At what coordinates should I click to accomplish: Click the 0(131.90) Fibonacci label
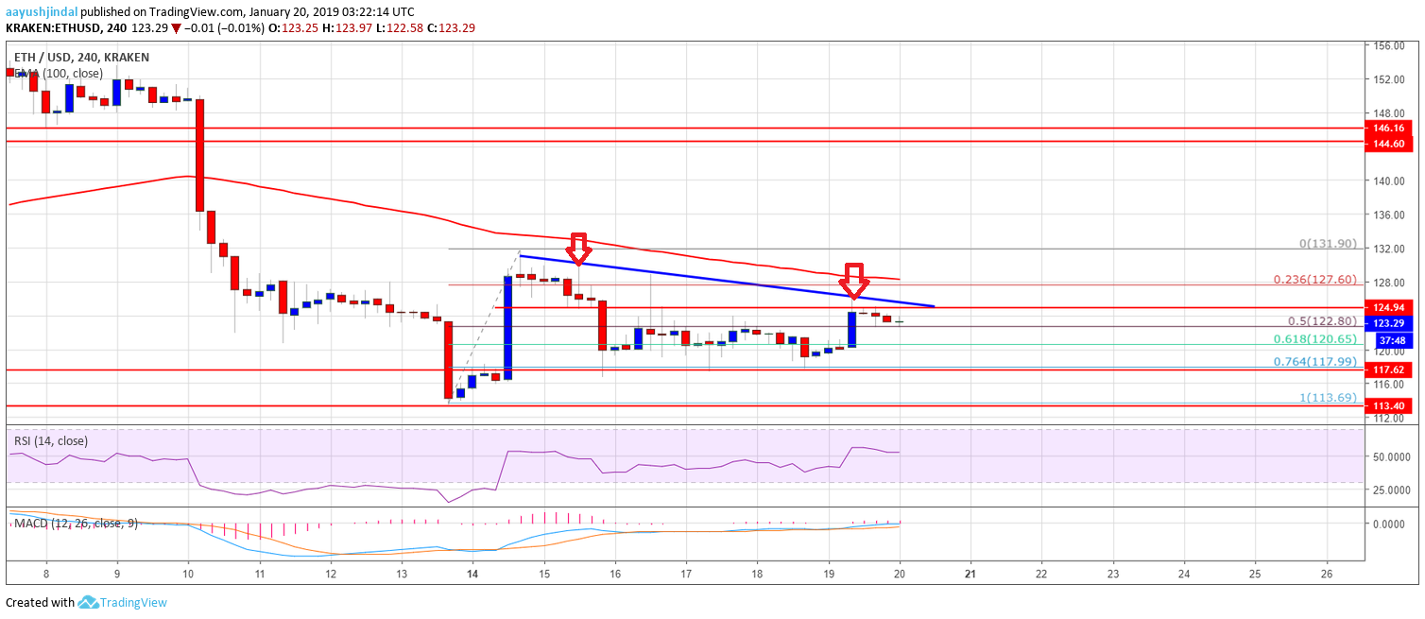tap(1328, 243)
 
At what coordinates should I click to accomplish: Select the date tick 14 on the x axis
tap(472, 573)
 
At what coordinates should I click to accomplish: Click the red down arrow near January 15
tap(579, 248)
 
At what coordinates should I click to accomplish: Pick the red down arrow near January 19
tap(853, 280)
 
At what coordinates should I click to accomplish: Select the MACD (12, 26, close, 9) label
tap(73, 523)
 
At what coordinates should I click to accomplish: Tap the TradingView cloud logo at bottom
tap(89, 602)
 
